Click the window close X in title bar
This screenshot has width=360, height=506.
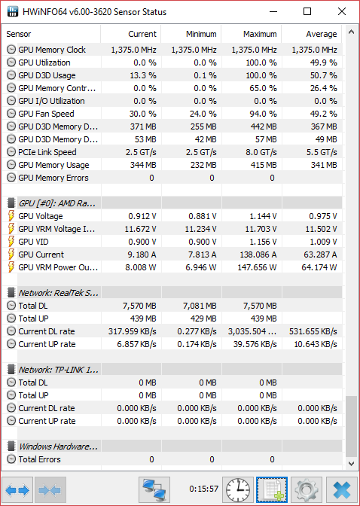(x=342, y=11)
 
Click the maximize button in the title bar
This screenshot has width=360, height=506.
(x=307, y=11)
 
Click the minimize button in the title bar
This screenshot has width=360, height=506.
(x=273, y=11)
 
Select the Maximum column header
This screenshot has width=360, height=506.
(x=260, y=34)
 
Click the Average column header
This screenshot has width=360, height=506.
(x=322, y=34)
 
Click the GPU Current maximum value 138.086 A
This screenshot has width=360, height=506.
(x=258, y=255)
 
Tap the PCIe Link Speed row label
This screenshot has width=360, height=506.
(x=47, y=152)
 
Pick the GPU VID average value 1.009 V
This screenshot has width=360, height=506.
(x=323, y=242)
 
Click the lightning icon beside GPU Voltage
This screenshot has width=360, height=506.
(x=11, y=216)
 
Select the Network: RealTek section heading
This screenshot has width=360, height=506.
(x=59, y=293)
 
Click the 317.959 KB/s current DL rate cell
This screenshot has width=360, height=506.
(x=132, y=331)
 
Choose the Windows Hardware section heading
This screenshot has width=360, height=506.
(x=58, y=447)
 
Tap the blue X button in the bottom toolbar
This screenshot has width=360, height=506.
(x=342, y=490)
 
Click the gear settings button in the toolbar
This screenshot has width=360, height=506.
(x=306, y=490)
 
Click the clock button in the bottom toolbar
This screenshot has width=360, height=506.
(x=238, y=490)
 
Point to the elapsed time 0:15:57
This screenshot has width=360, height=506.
(x=204, y=489)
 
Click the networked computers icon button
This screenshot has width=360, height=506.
(x=154, y=490)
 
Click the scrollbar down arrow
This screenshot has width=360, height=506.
(x=351, y=463)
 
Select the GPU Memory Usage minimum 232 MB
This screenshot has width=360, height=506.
(x=203, y=165)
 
